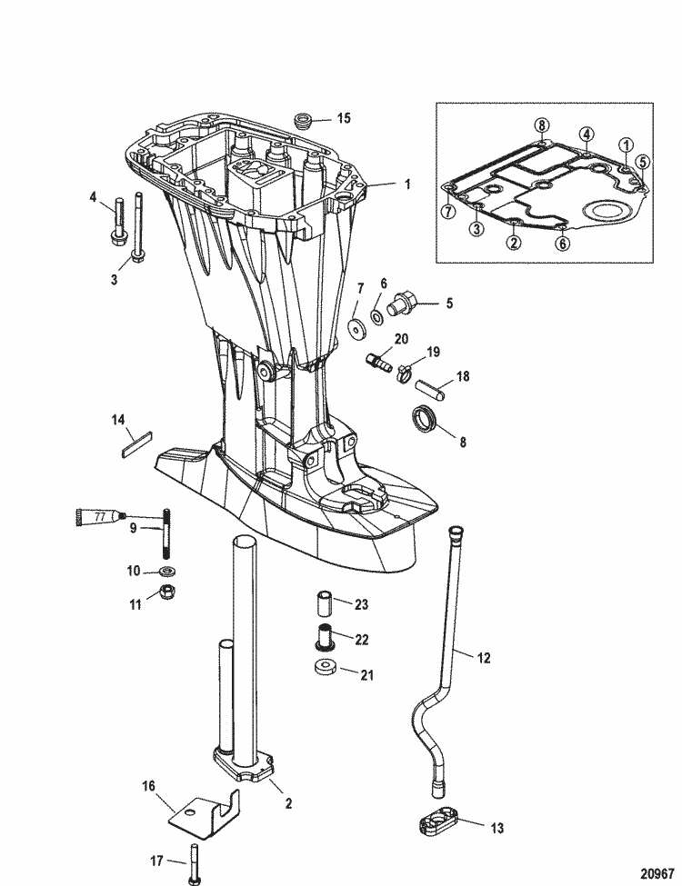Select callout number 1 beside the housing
pos(407,184)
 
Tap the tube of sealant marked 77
pos(95,517)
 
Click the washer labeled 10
pos(167,572)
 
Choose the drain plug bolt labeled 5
pos(401,305)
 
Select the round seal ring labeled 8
pos(425,421)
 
